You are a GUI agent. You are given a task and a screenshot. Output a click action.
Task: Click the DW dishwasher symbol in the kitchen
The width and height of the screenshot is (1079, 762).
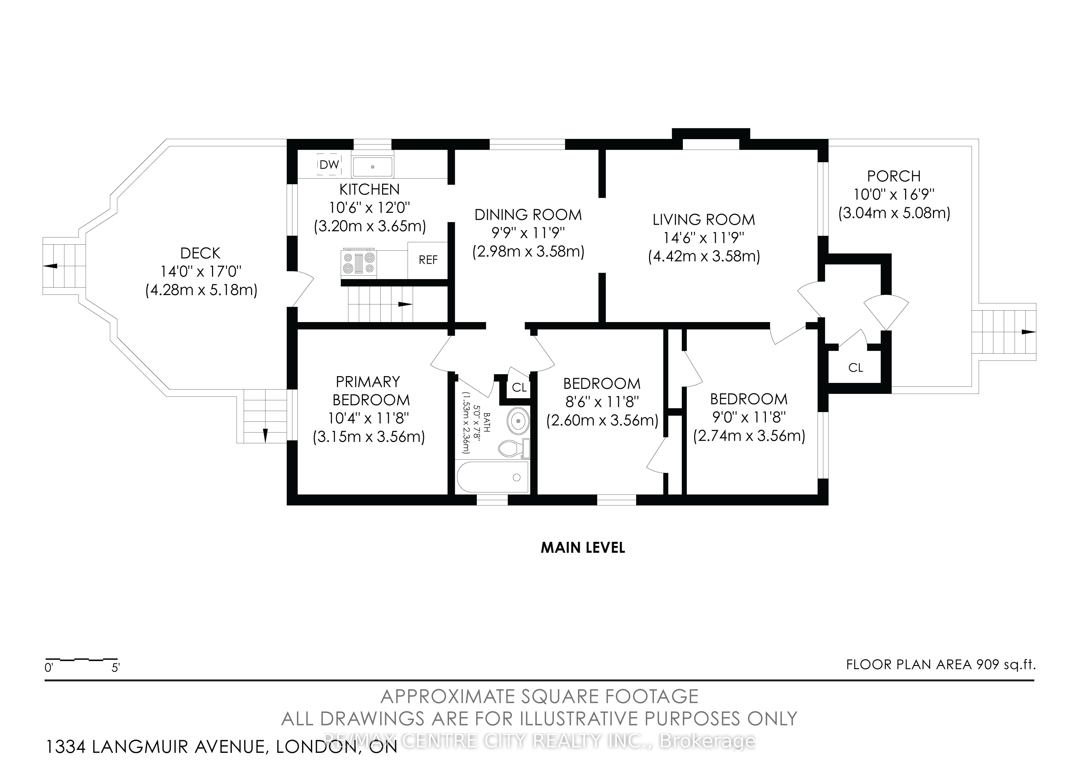(x=329, y=164)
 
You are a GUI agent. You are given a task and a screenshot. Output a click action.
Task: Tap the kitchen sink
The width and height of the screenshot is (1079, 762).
(x=373, y=166)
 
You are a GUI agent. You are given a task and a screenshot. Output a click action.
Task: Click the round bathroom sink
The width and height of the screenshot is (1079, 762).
(x=518, y=421)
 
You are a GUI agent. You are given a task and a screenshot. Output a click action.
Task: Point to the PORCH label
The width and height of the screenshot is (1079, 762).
(x=894, y=176)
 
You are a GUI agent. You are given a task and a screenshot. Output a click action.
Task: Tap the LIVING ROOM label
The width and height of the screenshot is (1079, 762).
(x=704, y=219)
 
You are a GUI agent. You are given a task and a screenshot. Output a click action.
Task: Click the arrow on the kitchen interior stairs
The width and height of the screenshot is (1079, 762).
(x=405, y=304)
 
